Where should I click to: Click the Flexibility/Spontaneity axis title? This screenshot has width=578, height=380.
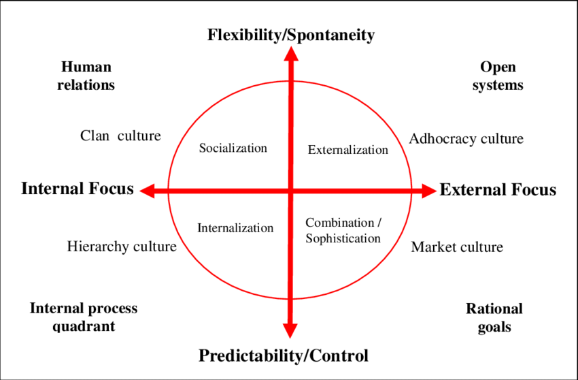pyautogui.click(x=291, y=35)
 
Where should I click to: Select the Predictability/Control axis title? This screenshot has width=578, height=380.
pyautogui.click(x=284, y=356)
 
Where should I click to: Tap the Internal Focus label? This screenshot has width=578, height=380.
pyautogui.click(x=78, y=189)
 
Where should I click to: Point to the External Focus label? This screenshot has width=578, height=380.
pyautogui.click(x=498, y=190)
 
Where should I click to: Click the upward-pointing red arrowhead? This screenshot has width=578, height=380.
pyautogui.click(x=291, y=54)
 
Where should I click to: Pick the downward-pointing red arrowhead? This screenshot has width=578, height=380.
pyautogui.click(x=290, y=330)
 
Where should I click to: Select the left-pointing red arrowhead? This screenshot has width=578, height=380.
pyautogui.click(x=147, y=191)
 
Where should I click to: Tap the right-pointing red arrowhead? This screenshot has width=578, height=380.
pyautogui.click(x=429, y=191)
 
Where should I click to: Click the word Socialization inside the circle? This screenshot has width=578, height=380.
pyautogui.click(x=233, y=148)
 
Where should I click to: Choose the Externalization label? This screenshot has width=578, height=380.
pyautogui.click(x=348, y=150)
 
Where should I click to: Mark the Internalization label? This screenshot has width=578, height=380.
pyautogui.click(x=235, y=228)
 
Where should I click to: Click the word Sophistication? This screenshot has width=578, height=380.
pyautogui.click(x=343, y=238)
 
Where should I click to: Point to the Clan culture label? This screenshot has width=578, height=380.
pyautogui.click(x=120, y=136)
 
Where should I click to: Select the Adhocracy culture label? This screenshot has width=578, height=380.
pyautogui.click(x=466, y=139)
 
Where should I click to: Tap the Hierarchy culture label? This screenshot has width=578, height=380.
pyautogui.click(x=122, y=247)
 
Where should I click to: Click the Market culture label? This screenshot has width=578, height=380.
pyautogui.click(x=457, y=247)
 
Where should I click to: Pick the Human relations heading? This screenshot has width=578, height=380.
pyautogui.click(x=86, y=76)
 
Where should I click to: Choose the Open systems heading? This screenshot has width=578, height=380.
pyautogui.click(x=498, y=76)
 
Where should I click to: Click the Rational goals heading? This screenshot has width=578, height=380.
pyautogui.click(x=494, y=317)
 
